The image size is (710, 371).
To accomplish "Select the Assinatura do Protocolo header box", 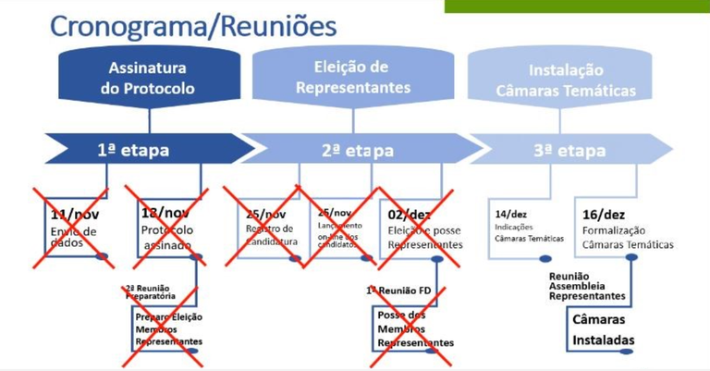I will point(148,79).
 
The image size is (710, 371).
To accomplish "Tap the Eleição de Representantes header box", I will point(352,79).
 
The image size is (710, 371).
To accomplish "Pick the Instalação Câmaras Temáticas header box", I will point(566,80).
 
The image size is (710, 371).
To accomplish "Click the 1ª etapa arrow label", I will point(134,150).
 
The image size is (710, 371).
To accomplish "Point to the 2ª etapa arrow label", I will point(356,150).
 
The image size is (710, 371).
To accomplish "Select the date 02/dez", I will point(410,214).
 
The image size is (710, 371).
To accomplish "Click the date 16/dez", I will point(605,214).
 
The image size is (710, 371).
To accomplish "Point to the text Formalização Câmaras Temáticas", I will point(628,238).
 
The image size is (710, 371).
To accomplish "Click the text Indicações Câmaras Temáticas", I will point(528,231).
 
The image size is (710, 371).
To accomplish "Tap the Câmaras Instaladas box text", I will point(604,328).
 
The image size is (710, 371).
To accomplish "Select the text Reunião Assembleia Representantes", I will point(587,286).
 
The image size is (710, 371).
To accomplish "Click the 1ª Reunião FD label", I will point(398,291).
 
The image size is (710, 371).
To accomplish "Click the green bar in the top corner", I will point(577,6).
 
